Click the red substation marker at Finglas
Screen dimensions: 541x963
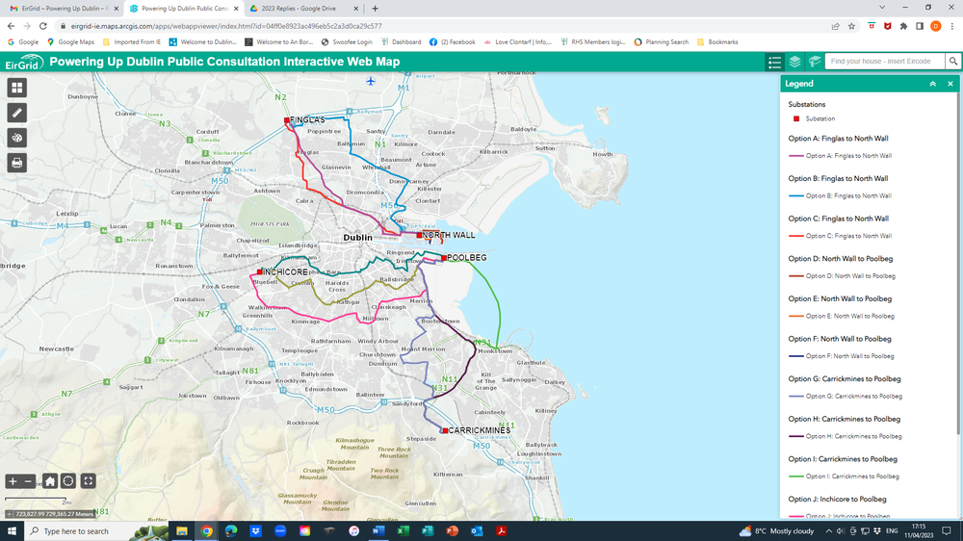point(287,120)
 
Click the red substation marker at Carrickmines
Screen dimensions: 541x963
point(444,430)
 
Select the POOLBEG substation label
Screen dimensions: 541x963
point(467,258)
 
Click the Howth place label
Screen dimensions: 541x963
point(603,154)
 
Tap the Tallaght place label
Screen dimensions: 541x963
point(227,373)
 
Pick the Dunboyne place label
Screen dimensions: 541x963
point(83,96)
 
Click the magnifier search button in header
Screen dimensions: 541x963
point(953,62)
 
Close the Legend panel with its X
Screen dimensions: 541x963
point(950,85)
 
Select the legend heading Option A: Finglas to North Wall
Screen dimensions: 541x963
point(838,139)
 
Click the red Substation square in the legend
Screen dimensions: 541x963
point(796,118)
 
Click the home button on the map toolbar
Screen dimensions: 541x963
point(50,481)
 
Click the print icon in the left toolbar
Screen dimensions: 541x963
point(16,163)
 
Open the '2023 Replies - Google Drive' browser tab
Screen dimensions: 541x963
point(299,9)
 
